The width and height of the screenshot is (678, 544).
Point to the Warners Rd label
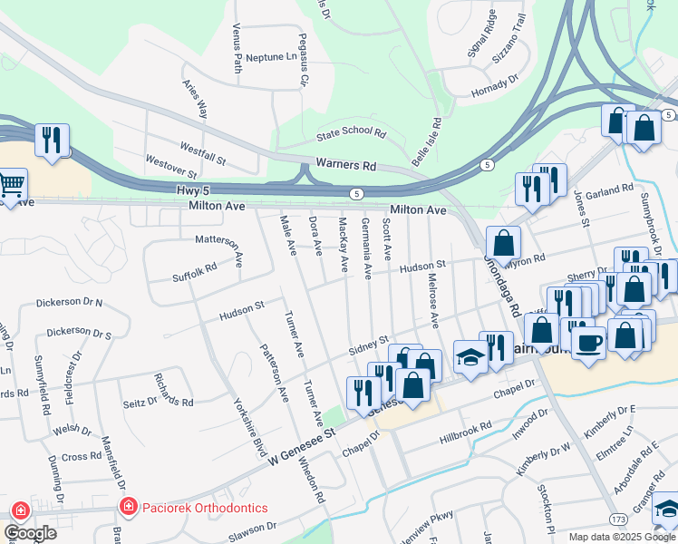point(345,165)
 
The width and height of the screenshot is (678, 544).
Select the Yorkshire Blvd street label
point(253,426)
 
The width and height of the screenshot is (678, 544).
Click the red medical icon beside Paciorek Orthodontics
point(129,506)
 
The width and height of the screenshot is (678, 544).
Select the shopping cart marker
point(12,184)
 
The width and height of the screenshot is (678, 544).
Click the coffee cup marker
point(588,342)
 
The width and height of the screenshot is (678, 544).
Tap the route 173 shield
point(618,519)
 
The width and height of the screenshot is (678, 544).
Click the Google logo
point(31,533)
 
